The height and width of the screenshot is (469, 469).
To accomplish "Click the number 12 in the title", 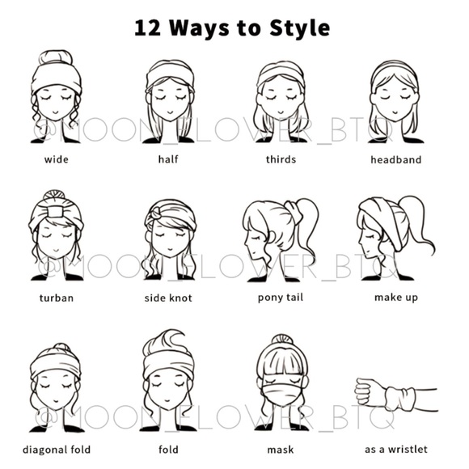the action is click(147, 28).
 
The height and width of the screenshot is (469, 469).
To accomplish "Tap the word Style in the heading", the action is click(300, 28).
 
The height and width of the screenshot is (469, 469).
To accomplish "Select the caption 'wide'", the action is click(57, 159).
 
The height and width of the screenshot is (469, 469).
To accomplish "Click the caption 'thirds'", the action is click(281, 159).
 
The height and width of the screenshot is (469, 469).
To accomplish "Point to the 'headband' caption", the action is click(396, 159).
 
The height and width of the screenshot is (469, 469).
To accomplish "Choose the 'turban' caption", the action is click(57, 298).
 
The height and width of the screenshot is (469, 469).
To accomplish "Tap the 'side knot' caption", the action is click(168, 298).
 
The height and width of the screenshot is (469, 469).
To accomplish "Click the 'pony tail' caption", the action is click(281, 298).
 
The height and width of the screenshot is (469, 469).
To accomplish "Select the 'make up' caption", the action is click(396, 298).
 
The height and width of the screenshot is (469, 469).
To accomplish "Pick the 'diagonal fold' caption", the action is click(57, 450).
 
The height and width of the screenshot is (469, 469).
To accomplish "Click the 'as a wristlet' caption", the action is click(396, 450).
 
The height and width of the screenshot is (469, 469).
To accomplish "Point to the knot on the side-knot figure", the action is click(156, 213).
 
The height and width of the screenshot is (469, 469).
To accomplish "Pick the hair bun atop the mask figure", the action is click(282, 340).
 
